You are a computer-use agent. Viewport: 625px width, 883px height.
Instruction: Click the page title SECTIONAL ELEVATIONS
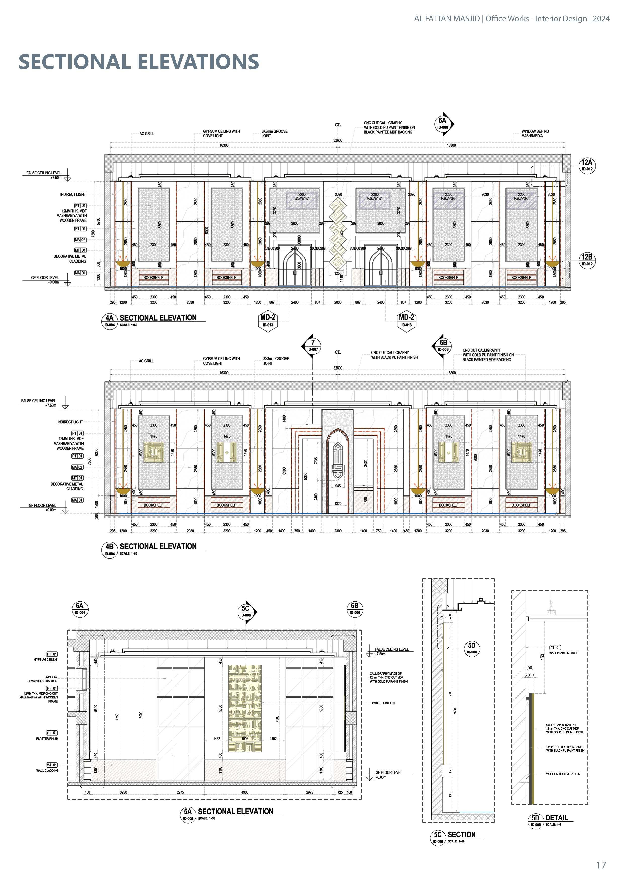click(x=139, y=62)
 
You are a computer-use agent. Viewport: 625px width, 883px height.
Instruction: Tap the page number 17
click(x=601, y=865)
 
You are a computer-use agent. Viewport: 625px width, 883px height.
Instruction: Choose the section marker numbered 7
click(x=312, y=345)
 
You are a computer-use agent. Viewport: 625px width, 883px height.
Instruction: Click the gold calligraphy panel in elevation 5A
click(x=245, y=708)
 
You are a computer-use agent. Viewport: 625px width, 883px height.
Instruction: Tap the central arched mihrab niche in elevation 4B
click(x=337, y=470)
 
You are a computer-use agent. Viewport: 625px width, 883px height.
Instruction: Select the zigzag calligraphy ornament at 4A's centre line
click(x=338, y=233)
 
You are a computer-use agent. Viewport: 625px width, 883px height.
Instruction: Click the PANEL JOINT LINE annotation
click(x=384, y=703)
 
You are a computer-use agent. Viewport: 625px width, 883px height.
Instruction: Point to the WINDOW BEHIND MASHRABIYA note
click(x=535, y=134)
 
